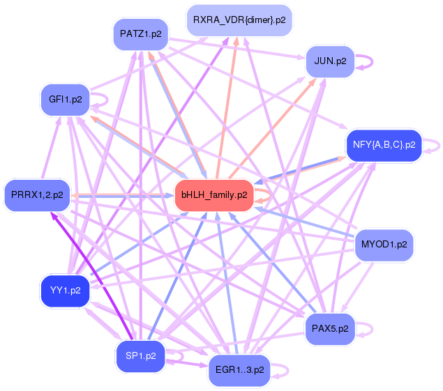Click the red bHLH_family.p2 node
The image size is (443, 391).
click(x=214, y=195)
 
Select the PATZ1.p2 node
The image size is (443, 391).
click(x=140, y=33)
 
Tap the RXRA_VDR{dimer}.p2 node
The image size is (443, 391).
click(x=239, y=20)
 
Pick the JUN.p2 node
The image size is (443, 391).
click(x=330, y=61)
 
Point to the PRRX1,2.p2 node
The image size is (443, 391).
click(x=37, y=195)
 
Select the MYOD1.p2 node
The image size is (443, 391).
click(x=384, y=245)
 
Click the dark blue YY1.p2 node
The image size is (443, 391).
click(x=65, y=290)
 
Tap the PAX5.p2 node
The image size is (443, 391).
click(x=330, y=328)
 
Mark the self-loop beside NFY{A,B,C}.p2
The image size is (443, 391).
click(x=435, y=145)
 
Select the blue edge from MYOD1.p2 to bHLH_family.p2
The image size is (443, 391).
click(x=300, y=220)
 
